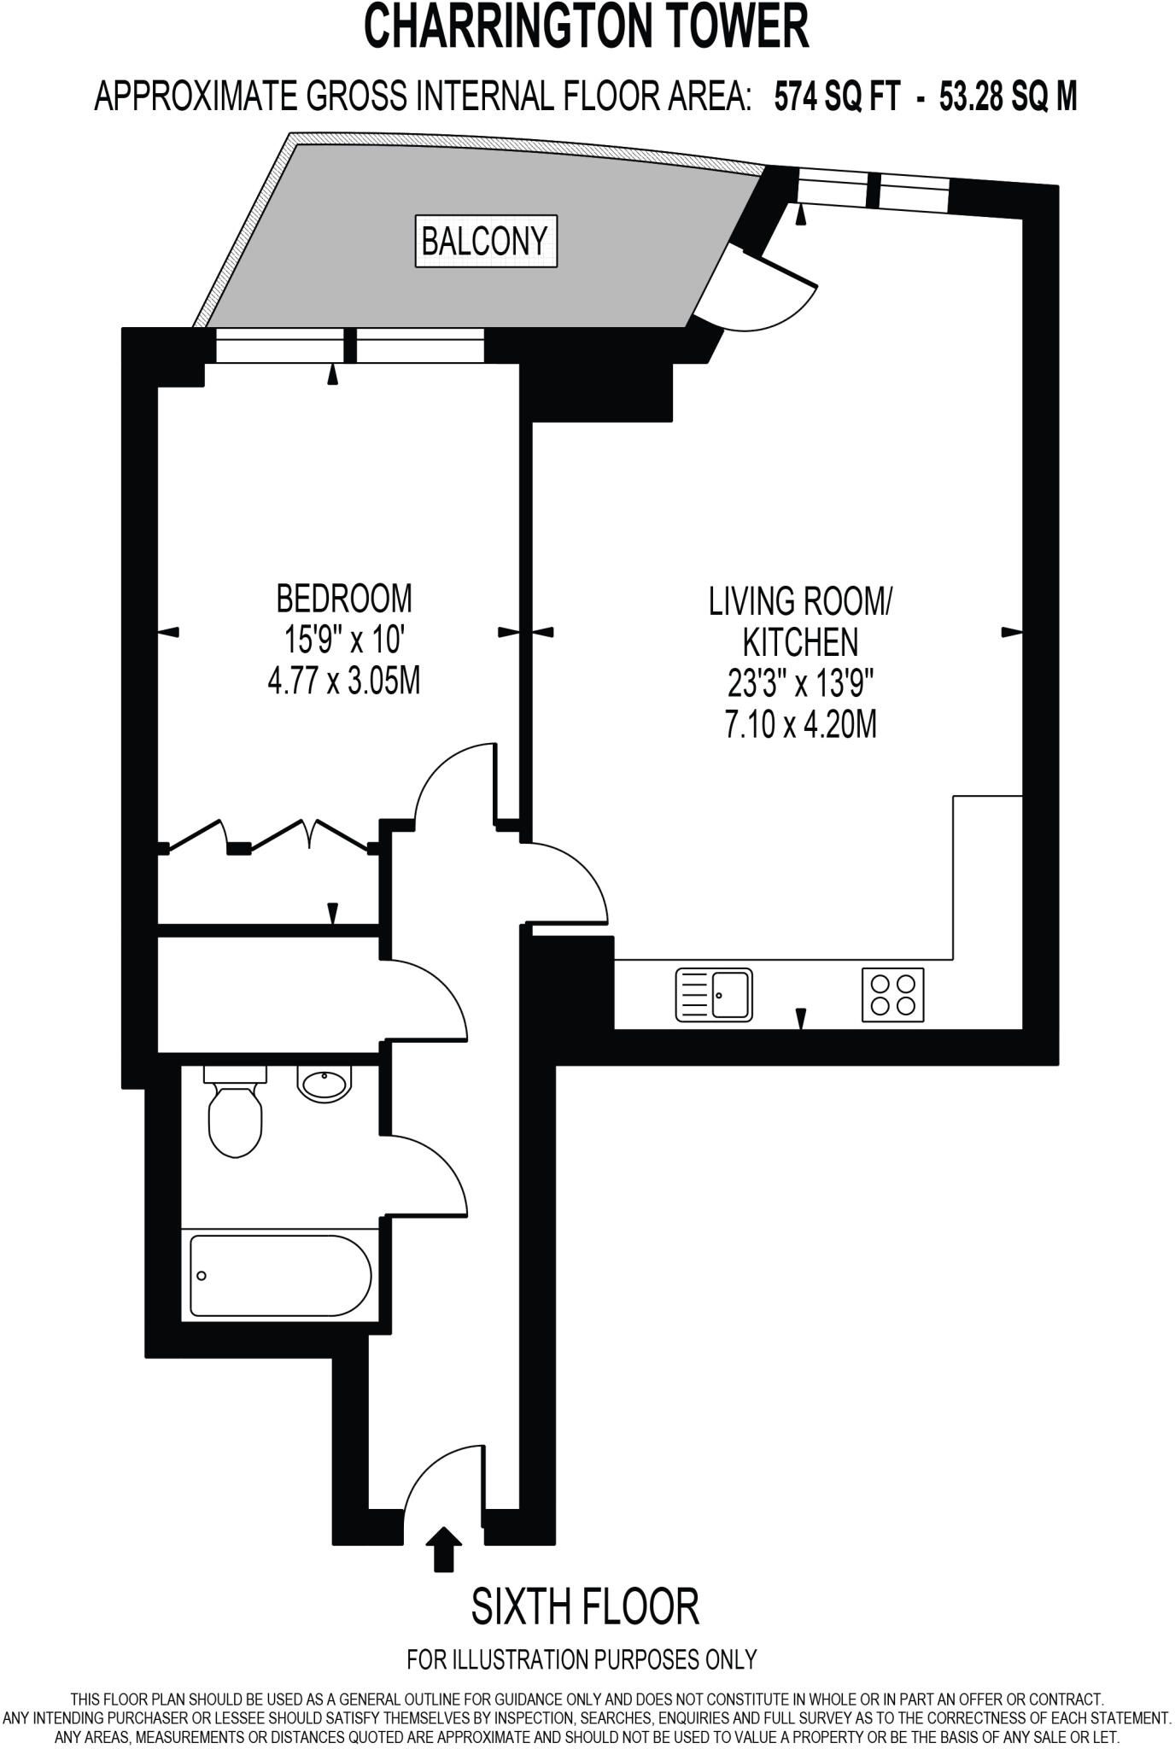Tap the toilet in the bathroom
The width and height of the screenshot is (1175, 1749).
click(x=235, y=1112)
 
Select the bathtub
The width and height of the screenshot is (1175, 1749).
click(x=280, y=1275)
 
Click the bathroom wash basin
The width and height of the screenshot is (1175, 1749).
click(x=323, y=1084)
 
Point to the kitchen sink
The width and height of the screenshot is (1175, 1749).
click(x=714, y=994)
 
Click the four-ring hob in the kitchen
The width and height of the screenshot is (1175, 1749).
click(x=892, y=994)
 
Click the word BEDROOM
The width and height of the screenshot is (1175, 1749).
click(x=344, y=599)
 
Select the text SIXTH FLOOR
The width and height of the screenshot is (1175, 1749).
click(x=586, y=1606)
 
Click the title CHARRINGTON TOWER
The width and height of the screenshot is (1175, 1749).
click(x=587, y=27)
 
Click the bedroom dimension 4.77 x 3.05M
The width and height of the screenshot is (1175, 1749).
click(x=344, y=681)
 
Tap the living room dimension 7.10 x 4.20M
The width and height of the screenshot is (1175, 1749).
click(x=800, y=725)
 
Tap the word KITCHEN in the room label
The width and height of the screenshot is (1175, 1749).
click(x=800, y=642)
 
